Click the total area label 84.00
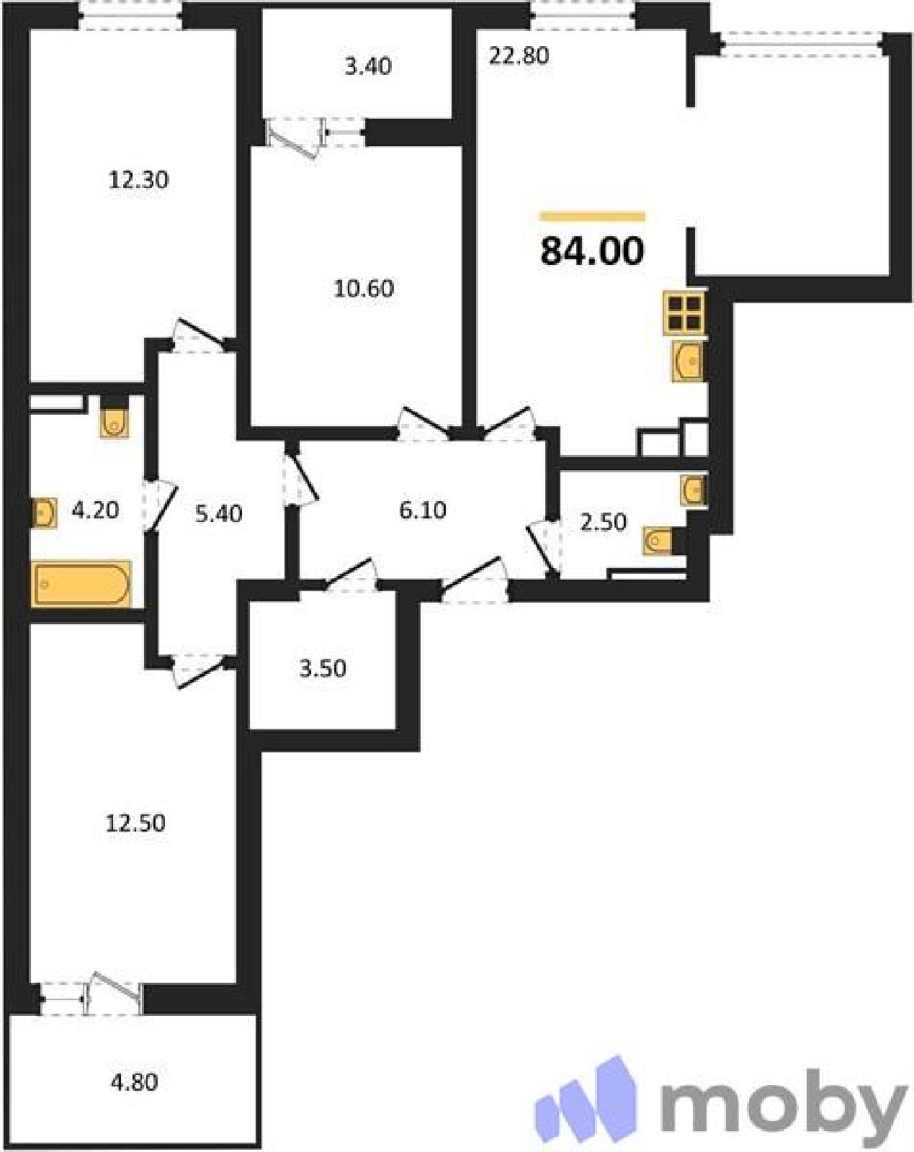click(592, 251)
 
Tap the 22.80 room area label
click(519, 56)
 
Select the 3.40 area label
click(368, 66)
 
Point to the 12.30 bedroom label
click(139, 180)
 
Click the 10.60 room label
click(364, 289)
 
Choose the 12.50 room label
click(135, 823)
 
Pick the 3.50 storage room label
click(323, 669)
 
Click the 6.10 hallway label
click(423, 510)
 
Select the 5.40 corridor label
click(218, 514)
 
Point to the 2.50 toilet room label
click(603, 522)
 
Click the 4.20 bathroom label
click(95, 510)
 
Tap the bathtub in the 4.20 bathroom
click(81, 584)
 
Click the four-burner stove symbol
click(684, 313)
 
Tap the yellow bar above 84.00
click(593, 216)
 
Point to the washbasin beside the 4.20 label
click(44, 513)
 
